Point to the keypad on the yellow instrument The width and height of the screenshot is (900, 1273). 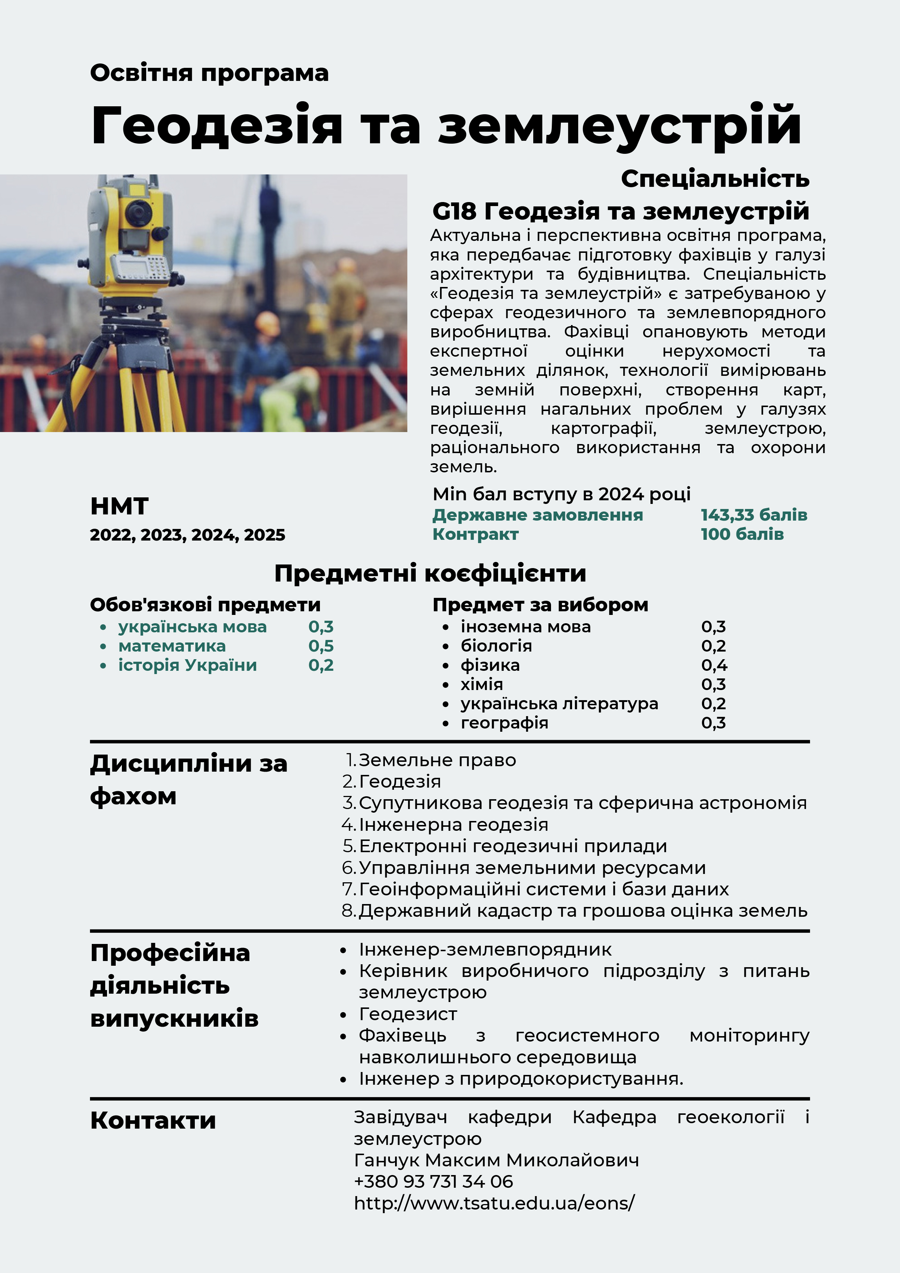(157, 268)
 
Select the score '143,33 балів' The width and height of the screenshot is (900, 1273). (753, 515)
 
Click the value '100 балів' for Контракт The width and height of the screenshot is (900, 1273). (742, 534)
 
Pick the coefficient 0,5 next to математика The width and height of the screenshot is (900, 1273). (321, 646)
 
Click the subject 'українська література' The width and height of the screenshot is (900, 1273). (559, 703)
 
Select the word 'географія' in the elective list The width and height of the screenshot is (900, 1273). (504, 723)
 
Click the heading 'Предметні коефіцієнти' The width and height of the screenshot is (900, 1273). (430, 573)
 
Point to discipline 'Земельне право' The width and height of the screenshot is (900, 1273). (437, 760)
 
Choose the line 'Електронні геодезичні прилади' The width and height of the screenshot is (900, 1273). (513, 846)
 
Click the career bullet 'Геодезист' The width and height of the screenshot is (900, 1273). (408, 1014)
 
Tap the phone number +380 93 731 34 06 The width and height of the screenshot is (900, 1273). (433, 1182)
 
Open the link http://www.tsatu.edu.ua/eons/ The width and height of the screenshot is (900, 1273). (494, 1203)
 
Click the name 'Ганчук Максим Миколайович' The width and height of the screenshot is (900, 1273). (496, 1160)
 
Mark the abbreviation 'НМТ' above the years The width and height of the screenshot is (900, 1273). (119, 506)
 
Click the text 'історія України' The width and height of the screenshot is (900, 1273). (188, 665)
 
